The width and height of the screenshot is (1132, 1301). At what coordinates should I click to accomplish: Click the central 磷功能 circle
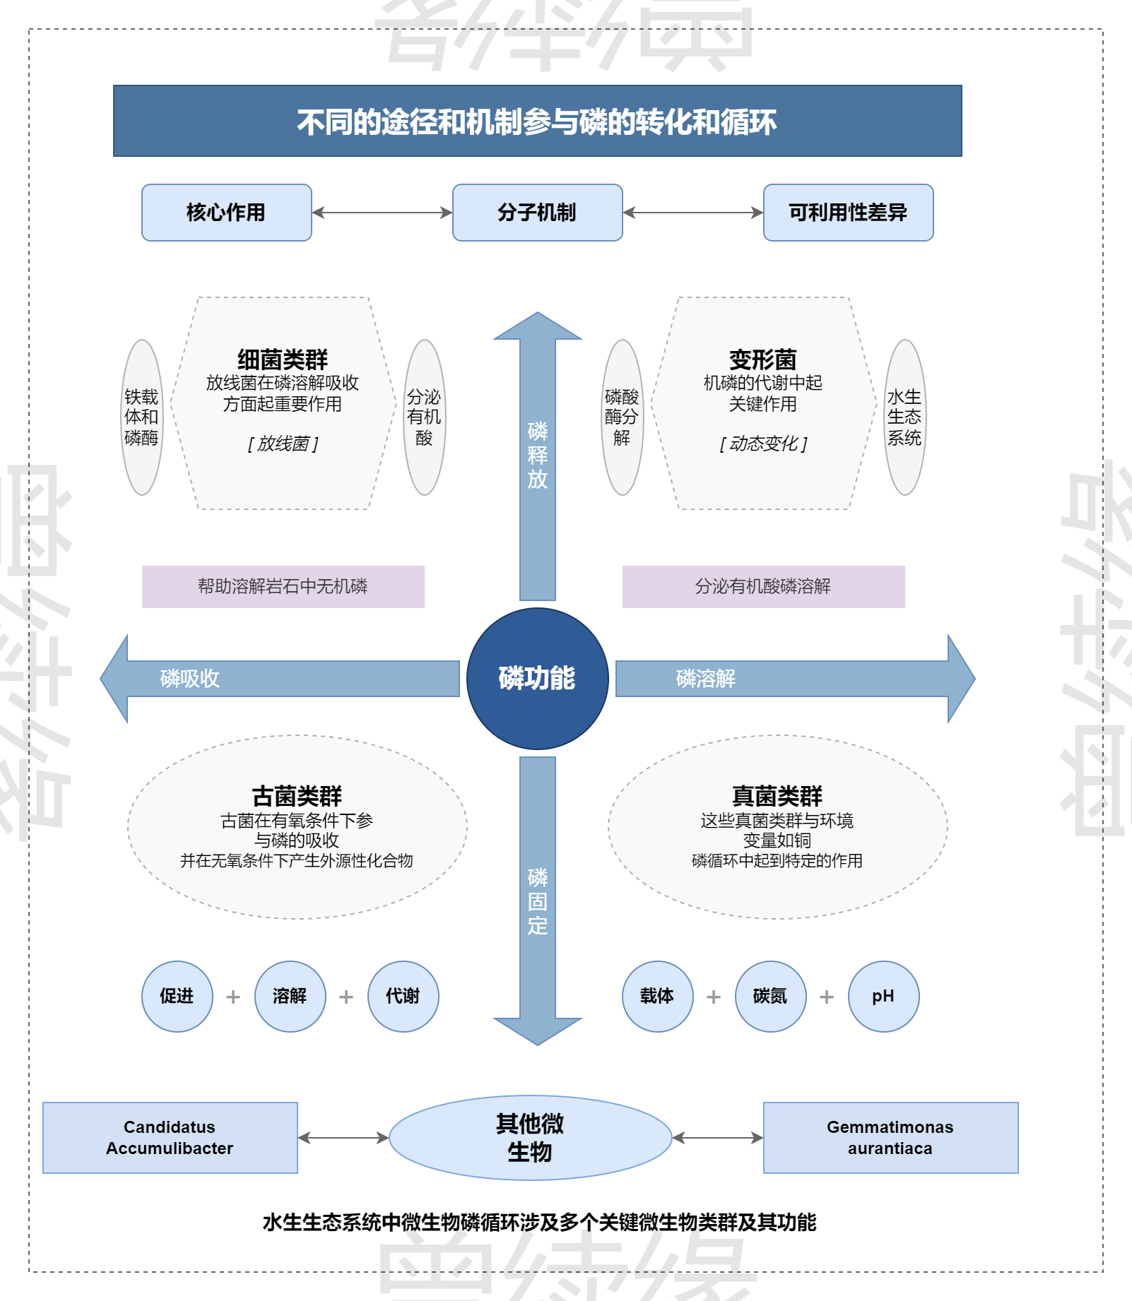[537, 678]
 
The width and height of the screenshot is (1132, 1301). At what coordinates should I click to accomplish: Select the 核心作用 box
[226, 212]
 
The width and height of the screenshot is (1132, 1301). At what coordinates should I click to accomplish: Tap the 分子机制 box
[537, 212]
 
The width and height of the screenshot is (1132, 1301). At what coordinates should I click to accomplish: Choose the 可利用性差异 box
[848, 212]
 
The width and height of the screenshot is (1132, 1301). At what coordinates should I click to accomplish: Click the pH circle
[883, 996]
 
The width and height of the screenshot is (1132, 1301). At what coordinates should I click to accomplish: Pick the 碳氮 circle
[770, 996]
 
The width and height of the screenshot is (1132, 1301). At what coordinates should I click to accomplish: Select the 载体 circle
[657, 996]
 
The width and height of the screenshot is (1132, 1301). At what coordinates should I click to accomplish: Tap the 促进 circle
[177, 996]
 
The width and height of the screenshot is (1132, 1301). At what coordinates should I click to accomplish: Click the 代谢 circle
[403, 996]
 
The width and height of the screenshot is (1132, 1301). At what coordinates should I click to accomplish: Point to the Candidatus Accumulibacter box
[170, 1137]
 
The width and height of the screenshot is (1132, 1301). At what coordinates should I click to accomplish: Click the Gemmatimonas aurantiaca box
[890, 1137]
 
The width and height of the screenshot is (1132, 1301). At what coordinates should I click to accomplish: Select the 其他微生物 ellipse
[530, 1137]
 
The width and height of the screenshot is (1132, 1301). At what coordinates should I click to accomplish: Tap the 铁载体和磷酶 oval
[141, 417]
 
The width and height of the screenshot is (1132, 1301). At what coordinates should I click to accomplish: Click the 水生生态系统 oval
[904, 417]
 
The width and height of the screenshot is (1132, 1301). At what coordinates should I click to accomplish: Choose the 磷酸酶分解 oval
[622, 417]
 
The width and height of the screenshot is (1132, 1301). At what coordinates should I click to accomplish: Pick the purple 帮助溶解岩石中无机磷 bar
[283, 586]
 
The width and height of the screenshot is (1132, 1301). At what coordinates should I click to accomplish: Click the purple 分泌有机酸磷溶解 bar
[763, 586]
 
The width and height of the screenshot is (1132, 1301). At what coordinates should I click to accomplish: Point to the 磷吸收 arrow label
[190, 678]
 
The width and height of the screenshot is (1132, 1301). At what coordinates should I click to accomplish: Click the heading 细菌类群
[283, 360]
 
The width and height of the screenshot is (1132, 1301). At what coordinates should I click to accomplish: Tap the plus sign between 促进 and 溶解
[233, 997]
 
